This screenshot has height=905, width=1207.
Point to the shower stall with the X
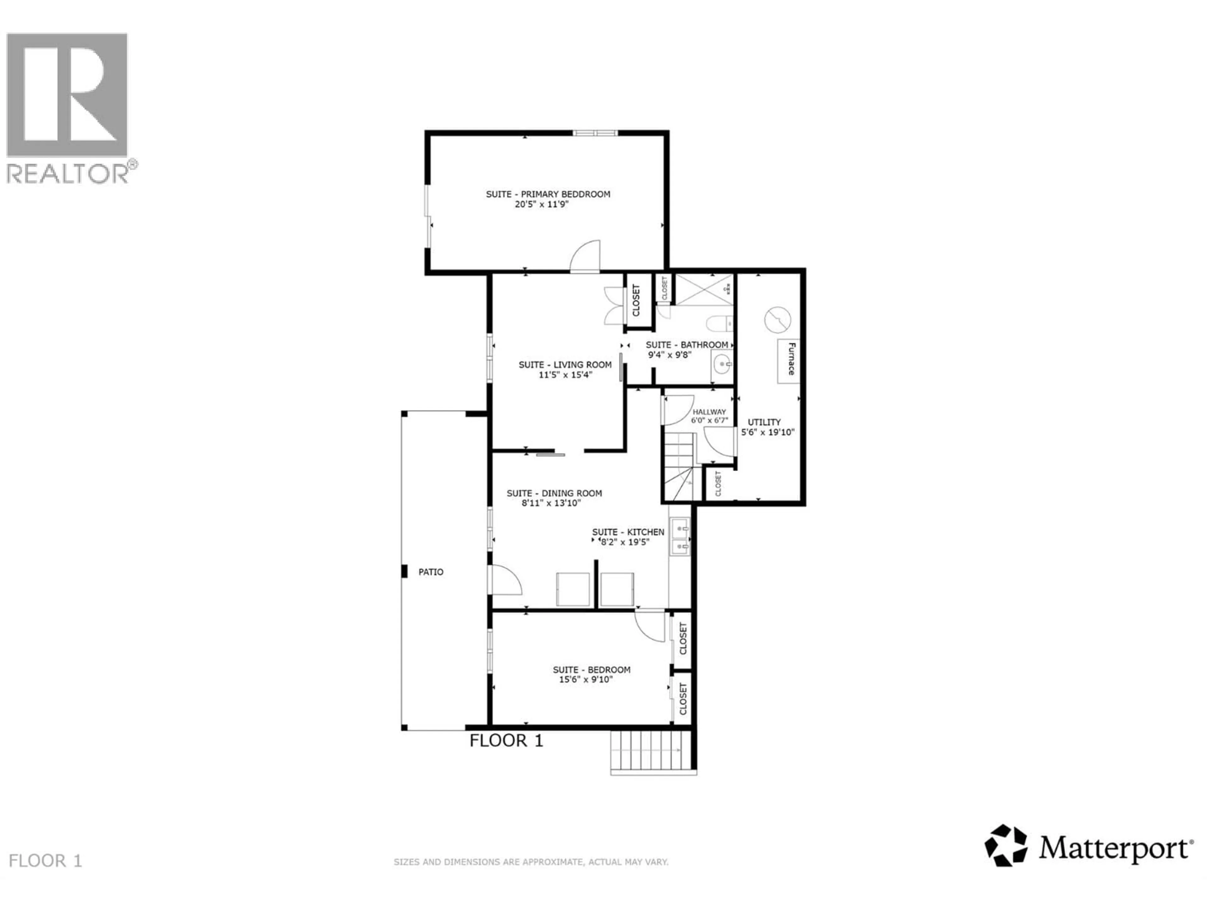click(x=704, y=289)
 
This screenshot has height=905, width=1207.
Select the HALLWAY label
click(x=709, y=412)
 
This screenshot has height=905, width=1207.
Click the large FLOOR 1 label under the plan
click(x=506, y=741)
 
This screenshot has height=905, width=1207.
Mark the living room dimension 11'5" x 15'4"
click(x=565, y=375)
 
